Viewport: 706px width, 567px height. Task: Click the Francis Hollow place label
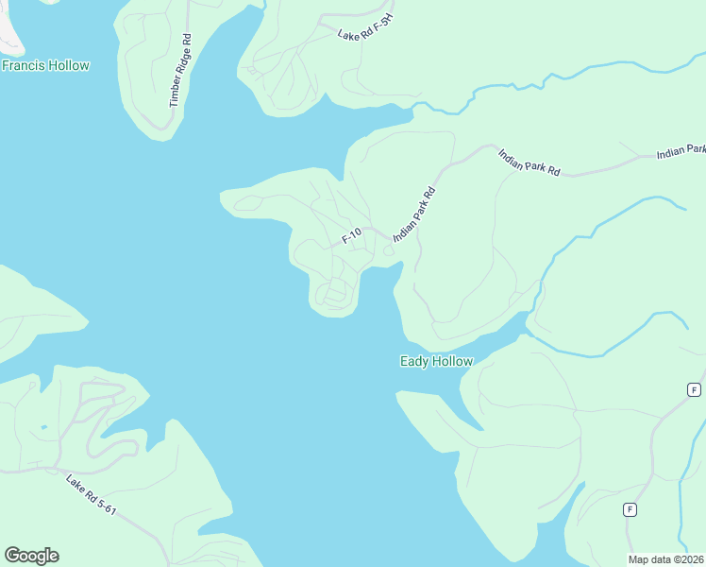pos(45,66)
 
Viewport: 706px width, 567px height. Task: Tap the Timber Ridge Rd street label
pos(180,70)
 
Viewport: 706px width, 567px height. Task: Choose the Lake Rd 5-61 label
pos(91,495)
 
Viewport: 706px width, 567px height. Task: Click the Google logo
pos(31,556)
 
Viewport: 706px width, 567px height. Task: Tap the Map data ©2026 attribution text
pos(666,559)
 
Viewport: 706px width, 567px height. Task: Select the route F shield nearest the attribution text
pos(630,509)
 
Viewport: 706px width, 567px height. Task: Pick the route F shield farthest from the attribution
pos(694,389)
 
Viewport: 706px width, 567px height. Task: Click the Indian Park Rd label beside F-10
pos(413,215)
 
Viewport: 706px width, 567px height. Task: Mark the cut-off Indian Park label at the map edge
pos(682,151)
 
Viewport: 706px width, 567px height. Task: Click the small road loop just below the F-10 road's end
pos(332,293)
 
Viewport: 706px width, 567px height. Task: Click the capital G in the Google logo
pos(12,556)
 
